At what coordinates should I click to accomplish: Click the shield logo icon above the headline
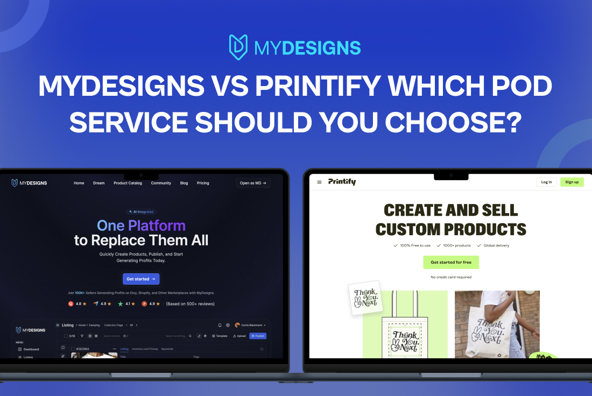click(238, 47)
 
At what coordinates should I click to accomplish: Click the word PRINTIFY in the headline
click(313, 86)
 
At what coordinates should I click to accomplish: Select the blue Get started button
click(141, 279)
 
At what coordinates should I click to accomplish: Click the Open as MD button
click(253, 183)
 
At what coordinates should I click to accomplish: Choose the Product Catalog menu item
click(128, 183)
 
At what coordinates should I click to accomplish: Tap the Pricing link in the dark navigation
click(203, 183)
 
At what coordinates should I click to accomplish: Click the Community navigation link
click(161, 183)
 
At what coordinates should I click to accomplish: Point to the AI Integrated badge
click(140, 212)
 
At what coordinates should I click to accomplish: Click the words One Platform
click(141, 225)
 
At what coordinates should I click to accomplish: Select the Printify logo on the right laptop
click(342, 182)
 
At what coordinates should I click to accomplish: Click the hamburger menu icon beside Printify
click(319, 182)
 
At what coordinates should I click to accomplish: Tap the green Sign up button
click(572, 182)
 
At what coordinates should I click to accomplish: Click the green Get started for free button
click(451, 263)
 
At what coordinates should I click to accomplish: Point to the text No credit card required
click(451, 277)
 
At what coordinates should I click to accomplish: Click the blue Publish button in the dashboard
click(258, 336)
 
